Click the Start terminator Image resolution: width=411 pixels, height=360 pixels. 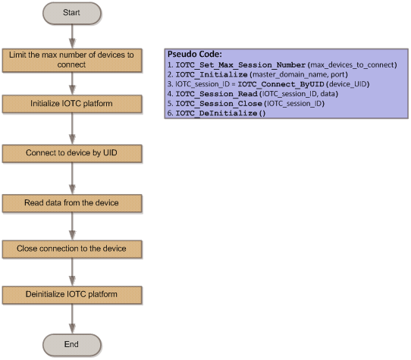[72, 13]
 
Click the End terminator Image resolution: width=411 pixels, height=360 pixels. [72, 345]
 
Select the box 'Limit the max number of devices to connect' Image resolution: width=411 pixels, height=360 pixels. [72, 61]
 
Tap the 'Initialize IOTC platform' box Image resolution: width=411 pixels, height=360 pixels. [72, 104]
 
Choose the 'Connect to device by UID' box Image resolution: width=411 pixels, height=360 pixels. [72, 153]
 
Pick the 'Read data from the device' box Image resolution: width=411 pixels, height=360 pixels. [72, 203]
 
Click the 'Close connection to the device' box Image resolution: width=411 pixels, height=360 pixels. [72, 249]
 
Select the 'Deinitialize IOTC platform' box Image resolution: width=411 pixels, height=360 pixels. [72, 295]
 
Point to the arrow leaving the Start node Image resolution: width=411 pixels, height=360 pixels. [72, 36]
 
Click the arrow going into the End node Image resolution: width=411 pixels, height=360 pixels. [72, 319]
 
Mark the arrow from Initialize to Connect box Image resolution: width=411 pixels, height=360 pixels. [72, 129]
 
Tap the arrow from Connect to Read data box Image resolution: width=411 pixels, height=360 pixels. [72, 178]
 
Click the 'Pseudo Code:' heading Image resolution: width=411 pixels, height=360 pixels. [195, 55]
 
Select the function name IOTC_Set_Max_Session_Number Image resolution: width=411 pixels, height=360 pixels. [240, 65]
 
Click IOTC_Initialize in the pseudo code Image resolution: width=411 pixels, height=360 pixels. [212, 75]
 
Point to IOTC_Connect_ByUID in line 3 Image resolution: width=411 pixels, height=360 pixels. [281, 84]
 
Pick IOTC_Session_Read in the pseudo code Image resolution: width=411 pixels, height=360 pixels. [217, 94]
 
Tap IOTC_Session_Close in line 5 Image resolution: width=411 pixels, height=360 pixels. [219, 104]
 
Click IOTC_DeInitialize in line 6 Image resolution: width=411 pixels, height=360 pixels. [217, 113]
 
